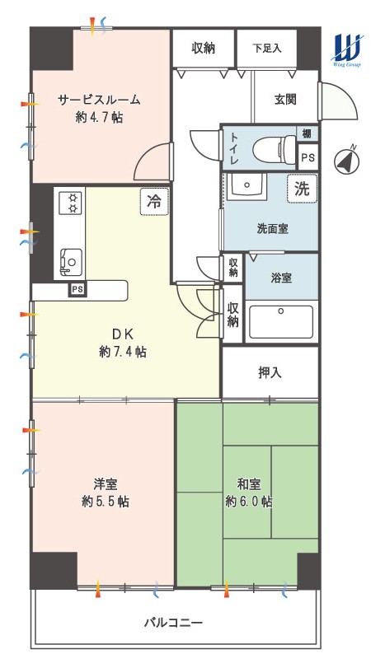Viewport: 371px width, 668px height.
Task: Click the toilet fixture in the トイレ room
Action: (274, 147)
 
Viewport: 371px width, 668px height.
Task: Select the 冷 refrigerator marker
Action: (154, 202)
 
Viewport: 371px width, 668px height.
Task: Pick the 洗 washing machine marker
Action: (302, 189)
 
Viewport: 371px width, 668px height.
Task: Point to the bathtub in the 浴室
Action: (281, 322)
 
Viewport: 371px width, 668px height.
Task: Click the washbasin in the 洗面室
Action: (247, 186)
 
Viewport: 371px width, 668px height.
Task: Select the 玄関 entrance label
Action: (285, 100)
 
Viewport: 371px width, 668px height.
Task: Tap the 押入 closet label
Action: (270, 373)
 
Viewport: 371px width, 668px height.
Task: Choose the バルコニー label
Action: (172, 624)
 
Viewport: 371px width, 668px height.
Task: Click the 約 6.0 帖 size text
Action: (249, 502)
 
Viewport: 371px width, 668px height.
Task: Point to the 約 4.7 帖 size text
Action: (99, 117)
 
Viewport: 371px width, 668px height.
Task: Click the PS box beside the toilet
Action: (308, 156)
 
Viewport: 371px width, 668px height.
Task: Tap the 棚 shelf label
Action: (307, 133)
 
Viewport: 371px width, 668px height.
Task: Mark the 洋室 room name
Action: (106, 484)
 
